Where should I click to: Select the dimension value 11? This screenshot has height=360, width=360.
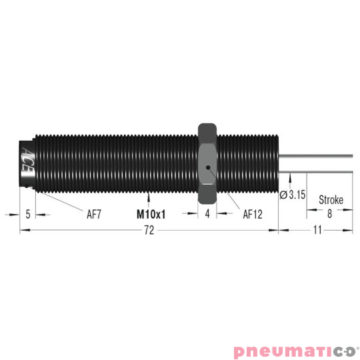pyautogui.click(x=318, y=230)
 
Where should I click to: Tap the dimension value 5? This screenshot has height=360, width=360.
pyautogui.click(x=27, y=215)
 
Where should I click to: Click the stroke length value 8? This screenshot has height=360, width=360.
pyautogui.click(x=329, y=215)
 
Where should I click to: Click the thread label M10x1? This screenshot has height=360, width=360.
pyautogui.click(x=151, y=215)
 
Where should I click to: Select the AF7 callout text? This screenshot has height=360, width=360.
pyautogui.click(x=95, y=215)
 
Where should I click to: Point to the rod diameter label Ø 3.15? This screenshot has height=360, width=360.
pyautogui.click(x=293, y=194)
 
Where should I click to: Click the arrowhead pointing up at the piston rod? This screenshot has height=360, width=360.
pyautogui.click(x=291, y=177)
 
